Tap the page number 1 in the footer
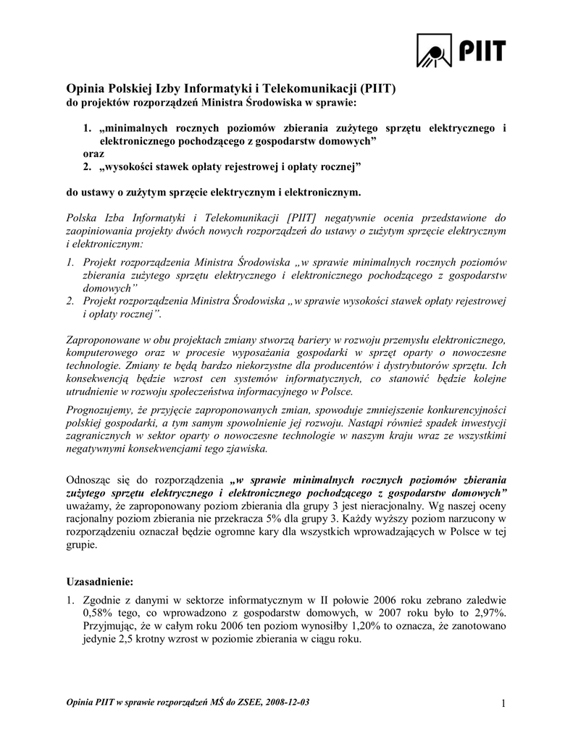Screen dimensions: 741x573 [501, 703]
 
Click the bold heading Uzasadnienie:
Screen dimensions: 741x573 [98, 581]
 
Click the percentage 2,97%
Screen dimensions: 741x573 [489, 612]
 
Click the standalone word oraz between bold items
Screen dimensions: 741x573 [93, 153]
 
